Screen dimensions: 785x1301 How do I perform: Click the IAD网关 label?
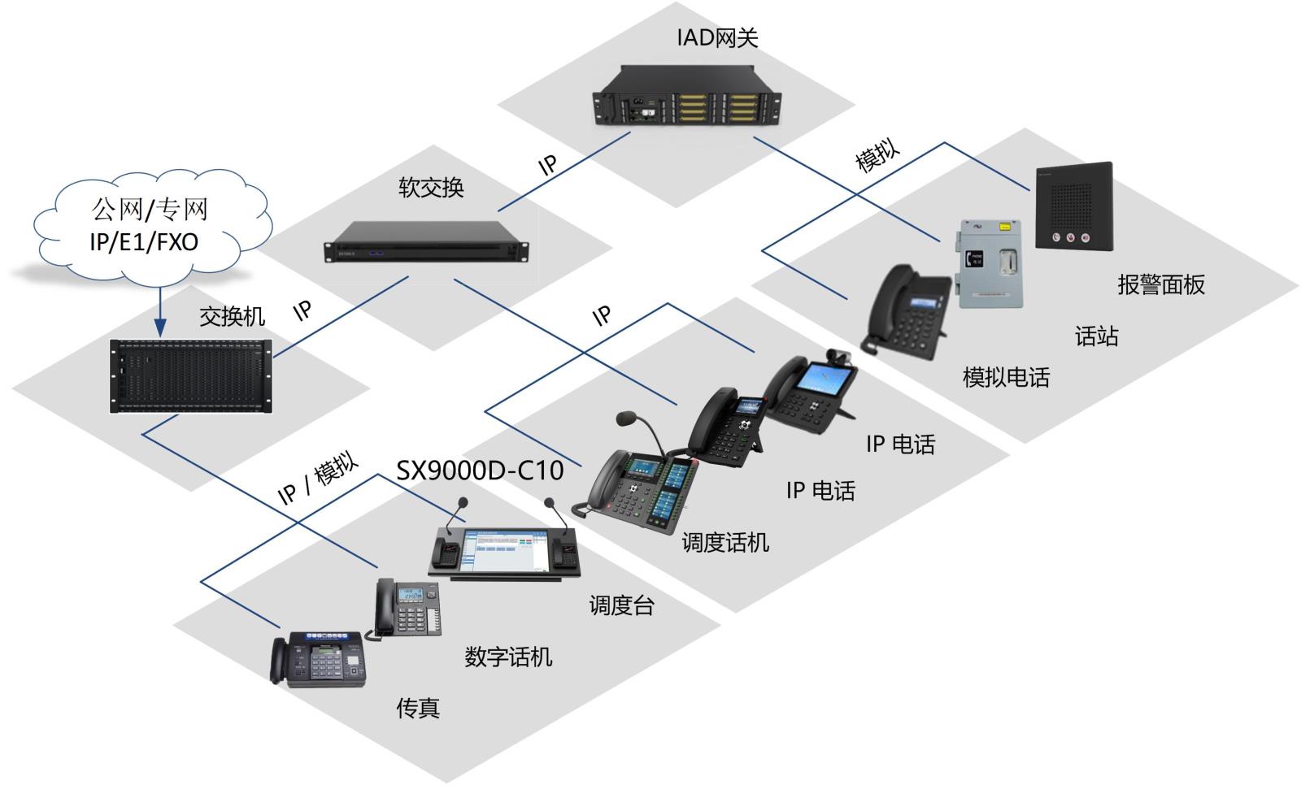716,37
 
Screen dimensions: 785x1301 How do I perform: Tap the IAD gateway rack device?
687,97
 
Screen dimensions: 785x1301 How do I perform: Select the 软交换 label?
431,188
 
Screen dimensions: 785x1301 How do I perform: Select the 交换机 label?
233,316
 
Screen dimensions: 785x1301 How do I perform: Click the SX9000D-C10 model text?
480,470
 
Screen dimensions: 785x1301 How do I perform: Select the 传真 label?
418,708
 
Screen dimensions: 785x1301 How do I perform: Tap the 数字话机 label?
508,657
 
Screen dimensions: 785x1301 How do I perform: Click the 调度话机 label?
724,542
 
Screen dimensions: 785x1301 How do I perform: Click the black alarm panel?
1073,206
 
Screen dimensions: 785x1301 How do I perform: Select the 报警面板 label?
1160,284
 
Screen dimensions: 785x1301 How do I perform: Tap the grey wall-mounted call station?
989,263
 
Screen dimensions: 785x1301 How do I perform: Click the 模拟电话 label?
1006,377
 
